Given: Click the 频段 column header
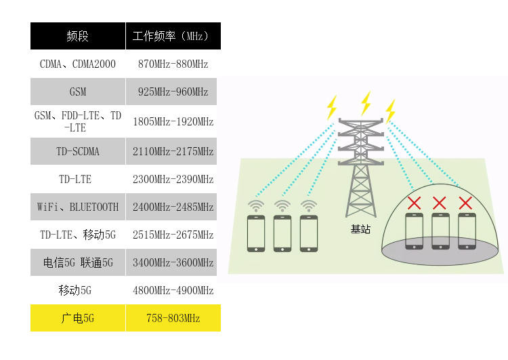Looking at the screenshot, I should tap(78, 36).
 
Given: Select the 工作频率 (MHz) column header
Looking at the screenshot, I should tap(173, 36).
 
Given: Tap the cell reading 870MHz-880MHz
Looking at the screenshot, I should tap(173, 64).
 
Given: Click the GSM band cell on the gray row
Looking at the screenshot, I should tap(78, 92).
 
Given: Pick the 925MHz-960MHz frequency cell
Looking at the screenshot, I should tap(173, 92).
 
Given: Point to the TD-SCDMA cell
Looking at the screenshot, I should tap(78, 151).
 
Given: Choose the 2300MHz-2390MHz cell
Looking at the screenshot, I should tap(173, 180).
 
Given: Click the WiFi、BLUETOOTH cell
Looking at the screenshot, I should tap(78, 207).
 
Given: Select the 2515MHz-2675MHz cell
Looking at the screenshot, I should tap(173, 235).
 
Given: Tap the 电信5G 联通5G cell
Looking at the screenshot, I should tap(78, 262).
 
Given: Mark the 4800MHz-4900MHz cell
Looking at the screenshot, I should tap(173, 290).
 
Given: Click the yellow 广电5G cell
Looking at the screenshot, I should tap(78, 318).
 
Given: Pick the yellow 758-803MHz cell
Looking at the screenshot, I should tap(173, 318).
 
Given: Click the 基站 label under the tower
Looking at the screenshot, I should tap(360, 229).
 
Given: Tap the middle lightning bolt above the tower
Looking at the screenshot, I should tap(366, 103).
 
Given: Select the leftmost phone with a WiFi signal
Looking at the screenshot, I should tap(256, 233).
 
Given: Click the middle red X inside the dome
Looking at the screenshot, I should tap(440, 202).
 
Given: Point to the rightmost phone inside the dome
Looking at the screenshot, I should tap(466, 231).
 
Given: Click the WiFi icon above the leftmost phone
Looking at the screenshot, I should tap(256, 205).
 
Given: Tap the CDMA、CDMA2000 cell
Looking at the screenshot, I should tap(78, 64).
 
